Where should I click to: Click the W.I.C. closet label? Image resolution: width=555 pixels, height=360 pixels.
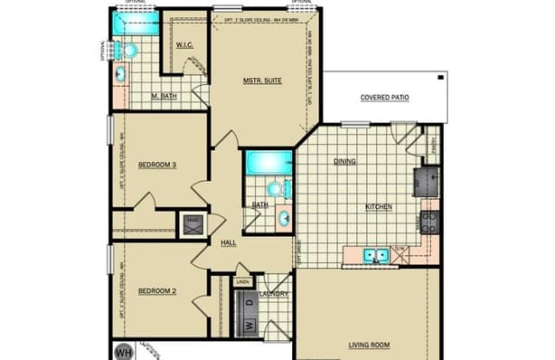tap(183, 44)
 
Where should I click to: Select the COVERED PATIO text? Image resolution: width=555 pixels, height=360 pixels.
tap(384, 97)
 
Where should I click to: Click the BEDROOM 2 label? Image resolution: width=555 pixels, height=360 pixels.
tap(157, 290)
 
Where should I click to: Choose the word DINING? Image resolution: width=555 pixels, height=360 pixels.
tap(346, 160)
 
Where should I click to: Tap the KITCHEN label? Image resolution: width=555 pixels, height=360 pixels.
tap(379, 206)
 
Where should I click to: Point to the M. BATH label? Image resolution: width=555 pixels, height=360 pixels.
tap(164, 96)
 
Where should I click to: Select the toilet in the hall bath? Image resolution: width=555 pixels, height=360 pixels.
tap(275, 187)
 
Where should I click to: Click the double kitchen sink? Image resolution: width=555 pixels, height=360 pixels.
tap(375, 254)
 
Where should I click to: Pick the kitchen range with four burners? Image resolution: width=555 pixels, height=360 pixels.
tap(429, 222)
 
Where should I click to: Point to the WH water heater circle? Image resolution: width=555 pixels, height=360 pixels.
tap(124, 352)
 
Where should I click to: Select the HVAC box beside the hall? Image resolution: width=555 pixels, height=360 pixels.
tap(191, 226)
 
